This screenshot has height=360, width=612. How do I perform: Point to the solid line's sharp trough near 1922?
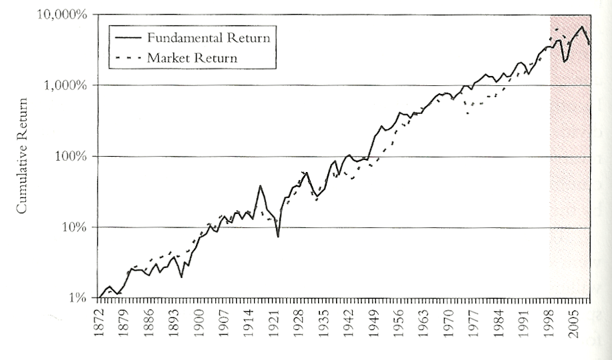pyautogui.click(x=278, y=237)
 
